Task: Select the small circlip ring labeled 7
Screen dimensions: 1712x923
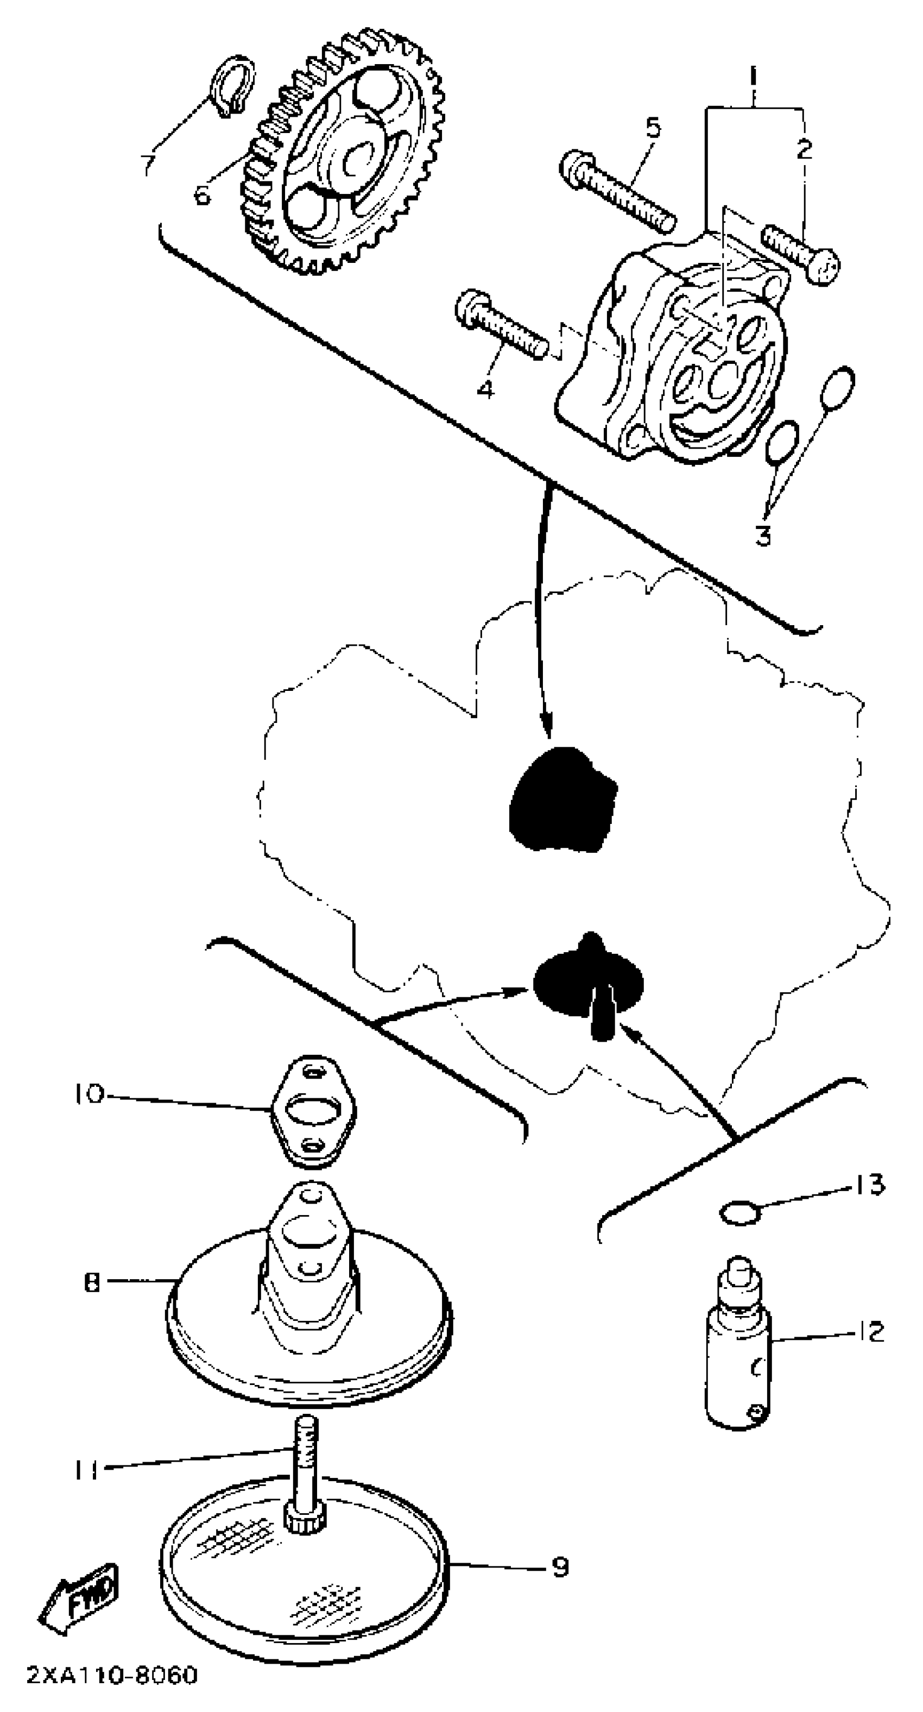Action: coord(232,86)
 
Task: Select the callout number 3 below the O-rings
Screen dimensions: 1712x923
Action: coord(763,534)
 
